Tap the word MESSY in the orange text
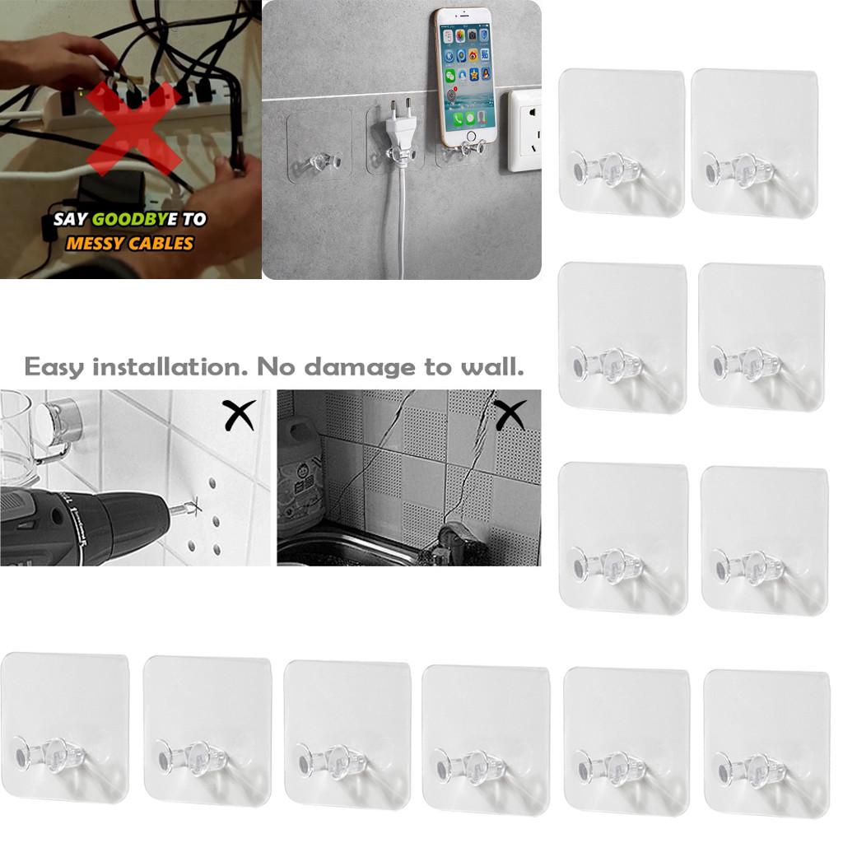click(96, 243)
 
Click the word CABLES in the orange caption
click(163, 243)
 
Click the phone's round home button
click(470, 137)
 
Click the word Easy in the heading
click(54, 366)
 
